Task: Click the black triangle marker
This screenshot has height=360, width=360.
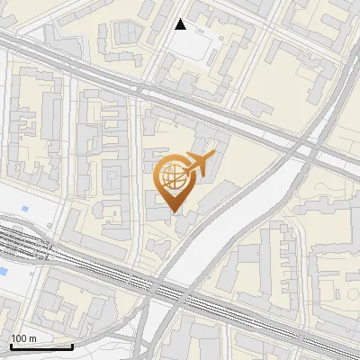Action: (181, 24)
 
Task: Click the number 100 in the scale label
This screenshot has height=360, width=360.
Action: (19, 338)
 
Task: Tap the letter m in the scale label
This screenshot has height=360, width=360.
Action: (32, 338)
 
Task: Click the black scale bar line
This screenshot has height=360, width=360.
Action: (40, 346)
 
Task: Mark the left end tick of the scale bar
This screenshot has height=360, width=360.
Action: (10, 344)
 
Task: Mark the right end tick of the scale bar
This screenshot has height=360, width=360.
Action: (72, 344)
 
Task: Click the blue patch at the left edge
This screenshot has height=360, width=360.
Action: (4, 270)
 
